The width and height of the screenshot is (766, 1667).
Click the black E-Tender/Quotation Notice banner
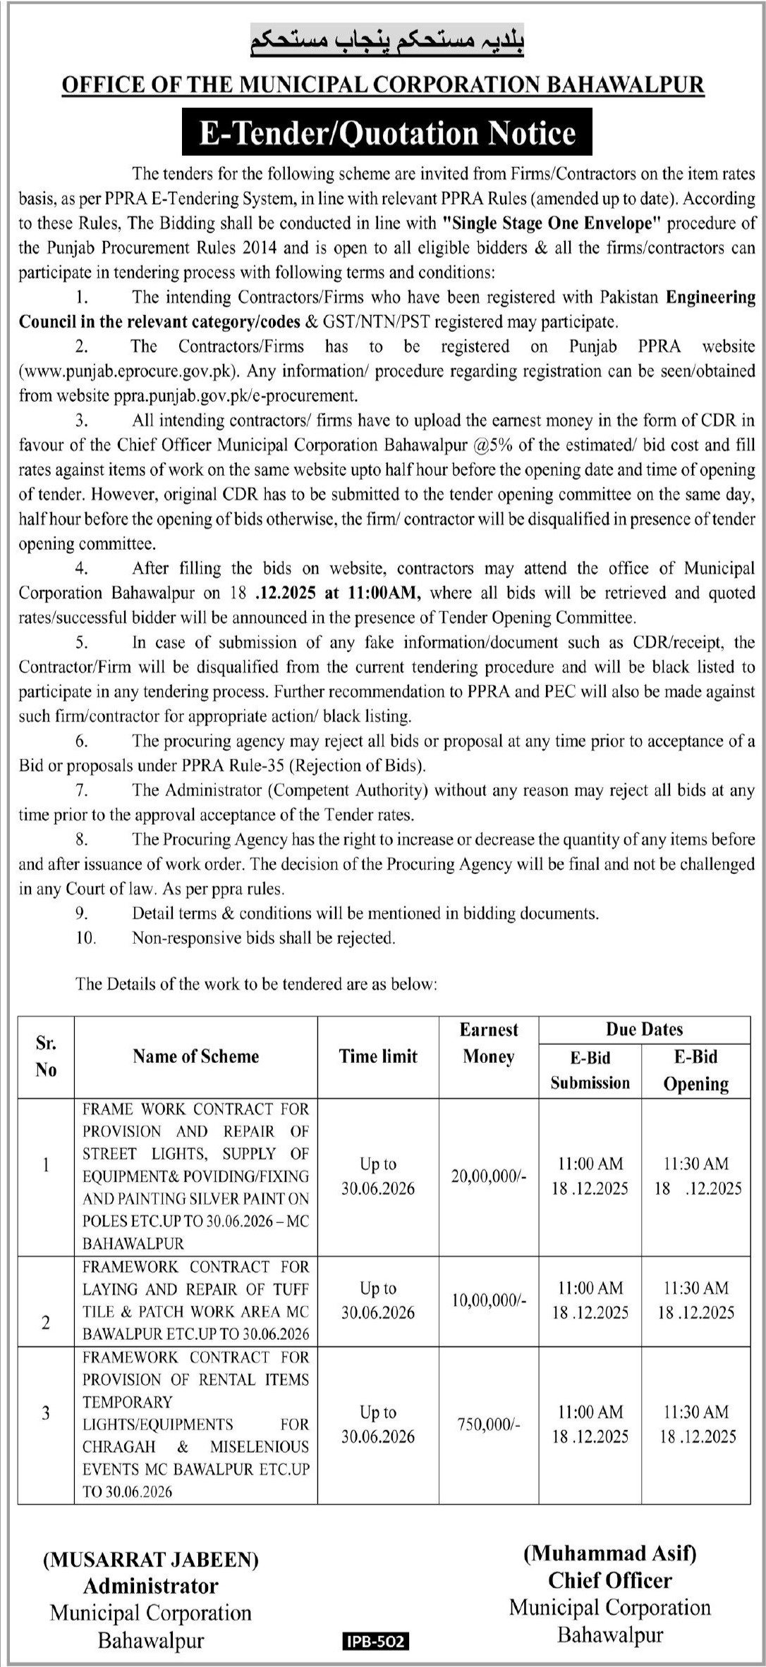point(387,133)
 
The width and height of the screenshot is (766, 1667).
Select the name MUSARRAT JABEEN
point(151,1560)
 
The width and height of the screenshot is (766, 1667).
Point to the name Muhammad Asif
point(609,1553)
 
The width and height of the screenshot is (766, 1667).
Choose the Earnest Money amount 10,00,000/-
point(488,1300)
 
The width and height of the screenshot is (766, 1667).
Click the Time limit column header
point(378,1056)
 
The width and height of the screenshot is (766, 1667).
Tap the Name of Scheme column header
point(195,1056)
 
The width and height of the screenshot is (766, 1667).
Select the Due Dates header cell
point(644,1029)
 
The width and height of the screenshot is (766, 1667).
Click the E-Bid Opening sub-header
point(695,1070)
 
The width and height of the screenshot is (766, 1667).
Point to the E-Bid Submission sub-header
point(590,1070)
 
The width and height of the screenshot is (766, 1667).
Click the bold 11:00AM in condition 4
point(382,593)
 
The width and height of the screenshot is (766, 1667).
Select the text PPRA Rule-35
point(230,765)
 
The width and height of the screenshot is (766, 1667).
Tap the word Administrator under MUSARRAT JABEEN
point(151,1586)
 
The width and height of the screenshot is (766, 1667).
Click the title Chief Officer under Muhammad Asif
point(609,1580)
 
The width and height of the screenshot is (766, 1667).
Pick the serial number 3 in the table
point(46,1413)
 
